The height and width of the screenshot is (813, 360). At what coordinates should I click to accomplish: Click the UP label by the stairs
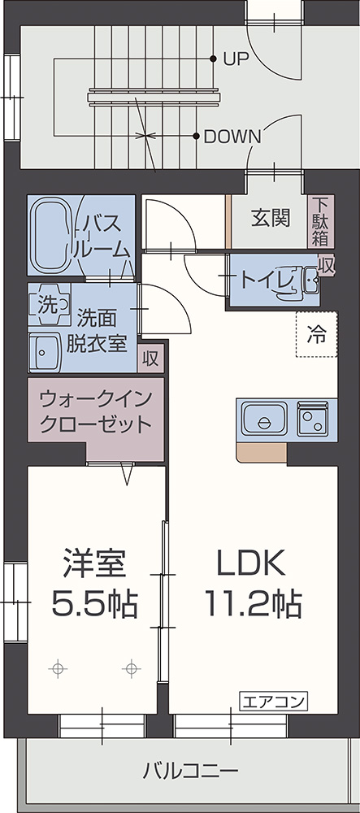[236, 59]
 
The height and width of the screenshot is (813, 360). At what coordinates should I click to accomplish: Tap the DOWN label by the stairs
[232, 137]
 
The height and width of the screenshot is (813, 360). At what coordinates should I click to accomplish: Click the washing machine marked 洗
[50, 304]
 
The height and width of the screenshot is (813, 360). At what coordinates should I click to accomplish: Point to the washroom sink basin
[45, 353]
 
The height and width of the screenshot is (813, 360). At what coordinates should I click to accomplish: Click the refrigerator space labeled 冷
[316, 334]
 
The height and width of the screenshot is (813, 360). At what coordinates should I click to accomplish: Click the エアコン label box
[274, 702]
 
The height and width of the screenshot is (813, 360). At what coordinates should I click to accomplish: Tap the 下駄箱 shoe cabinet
[321, 221]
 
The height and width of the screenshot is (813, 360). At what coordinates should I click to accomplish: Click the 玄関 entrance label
[271, 218]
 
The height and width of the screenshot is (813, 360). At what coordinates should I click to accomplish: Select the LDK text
[251, 563]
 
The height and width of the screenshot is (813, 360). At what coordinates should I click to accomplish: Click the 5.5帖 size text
[94, 603]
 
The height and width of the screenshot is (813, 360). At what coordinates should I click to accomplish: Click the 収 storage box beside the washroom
[150, 359]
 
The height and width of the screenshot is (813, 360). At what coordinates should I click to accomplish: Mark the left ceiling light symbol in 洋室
[58, 668]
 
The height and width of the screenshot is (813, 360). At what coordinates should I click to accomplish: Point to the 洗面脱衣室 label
[97, 330]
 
